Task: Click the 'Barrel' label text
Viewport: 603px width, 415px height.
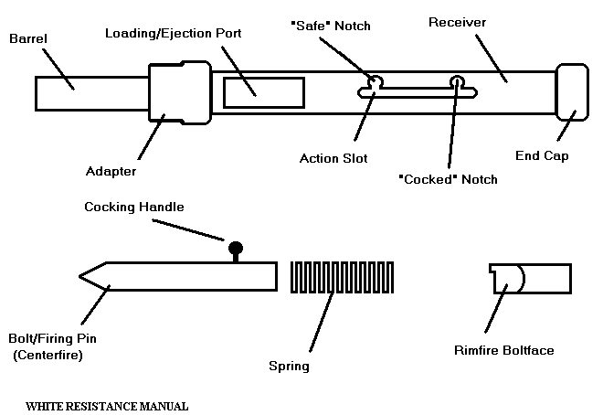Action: pyautogui.click(x=28, y=40)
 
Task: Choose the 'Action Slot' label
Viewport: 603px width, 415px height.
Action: pyautogui.click(x=333, y=158)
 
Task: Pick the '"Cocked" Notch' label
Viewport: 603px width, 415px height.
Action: pyautogui.click(x=449, y=179)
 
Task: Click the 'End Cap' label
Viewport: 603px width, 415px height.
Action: pyautogui.click(x=544, y=155)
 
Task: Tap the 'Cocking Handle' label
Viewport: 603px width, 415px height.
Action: pyautogui.click(x=134, y=207)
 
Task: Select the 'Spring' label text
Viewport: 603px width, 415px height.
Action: pyautogui.click(x=289, y=367)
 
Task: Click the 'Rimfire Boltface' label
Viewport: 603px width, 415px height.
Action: pyautogui.click(x=503, y=349)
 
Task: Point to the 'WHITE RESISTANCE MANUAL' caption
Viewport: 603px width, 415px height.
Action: pyautogui.click(x=107, y=403)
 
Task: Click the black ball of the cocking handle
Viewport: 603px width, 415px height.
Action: pyautogui.click(x=236, y=248)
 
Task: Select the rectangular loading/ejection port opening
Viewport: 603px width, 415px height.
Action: pyautogui.click(x=264, y=93)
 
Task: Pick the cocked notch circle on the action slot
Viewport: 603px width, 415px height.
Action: pyautogui.click(x=456, y=83)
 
